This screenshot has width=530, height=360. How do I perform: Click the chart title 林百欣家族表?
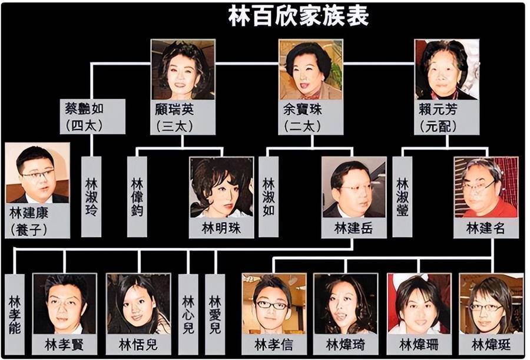[299, 16]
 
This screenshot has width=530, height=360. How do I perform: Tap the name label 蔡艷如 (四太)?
[92, 117]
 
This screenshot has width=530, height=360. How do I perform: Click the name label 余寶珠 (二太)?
[310, 117]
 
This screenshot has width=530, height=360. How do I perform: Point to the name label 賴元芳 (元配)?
[446, 117]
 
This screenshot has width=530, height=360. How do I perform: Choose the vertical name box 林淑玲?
[91, 197]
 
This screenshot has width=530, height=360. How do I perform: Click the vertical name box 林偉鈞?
[137, 197]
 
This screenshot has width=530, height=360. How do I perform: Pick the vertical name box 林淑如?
[269, 197]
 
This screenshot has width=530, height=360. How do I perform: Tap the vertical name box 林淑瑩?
[402, 197]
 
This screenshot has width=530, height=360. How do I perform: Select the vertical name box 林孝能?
[15, 314]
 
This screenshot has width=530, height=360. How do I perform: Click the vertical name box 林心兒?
[188, 314]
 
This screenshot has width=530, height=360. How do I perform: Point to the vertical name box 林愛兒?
[215, 314]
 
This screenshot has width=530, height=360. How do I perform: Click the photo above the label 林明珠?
[221, 187]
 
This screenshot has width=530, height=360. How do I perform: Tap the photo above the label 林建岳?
[354, 187]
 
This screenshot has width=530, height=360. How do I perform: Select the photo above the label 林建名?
[486, 187]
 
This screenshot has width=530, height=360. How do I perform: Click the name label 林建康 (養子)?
[38, 220]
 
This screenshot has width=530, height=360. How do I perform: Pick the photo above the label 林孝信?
[274, 304]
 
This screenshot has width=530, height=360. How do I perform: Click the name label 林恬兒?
[138, 345]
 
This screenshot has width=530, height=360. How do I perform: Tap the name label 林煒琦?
[346, 345]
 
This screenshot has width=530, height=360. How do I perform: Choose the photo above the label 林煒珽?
[491, 304]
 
